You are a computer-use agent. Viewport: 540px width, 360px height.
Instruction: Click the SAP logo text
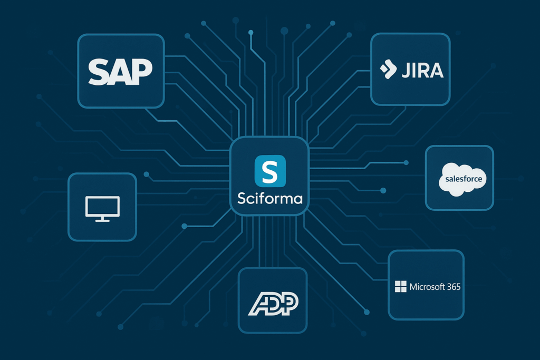tap(120, 71)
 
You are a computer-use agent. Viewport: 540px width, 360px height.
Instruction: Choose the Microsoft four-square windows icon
tap(401, 287)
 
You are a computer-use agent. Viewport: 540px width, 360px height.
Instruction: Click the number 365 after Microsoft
tap(454, 287)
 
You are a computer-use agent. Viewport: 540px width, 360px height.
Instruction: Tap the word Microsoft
tap(427, 287)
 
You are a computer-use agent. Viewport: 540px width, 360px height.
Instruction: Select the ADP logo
tap(273, 301)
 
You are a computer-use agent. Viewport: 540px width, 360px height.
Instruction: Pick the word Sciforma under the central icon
tap(270, 200)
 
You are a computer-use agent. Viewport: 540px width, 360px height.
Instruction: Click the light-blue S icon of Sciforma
tap(269, 171)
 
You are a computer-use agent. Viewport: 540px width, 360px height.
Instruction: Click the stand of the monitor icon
tap(102, 219)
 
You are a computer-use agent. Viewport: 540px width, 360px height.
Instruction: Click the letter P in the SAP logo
tap(141, 71)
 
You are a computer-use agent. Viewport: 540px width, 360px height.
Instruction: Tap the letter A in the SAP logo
tap(120, 72)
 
